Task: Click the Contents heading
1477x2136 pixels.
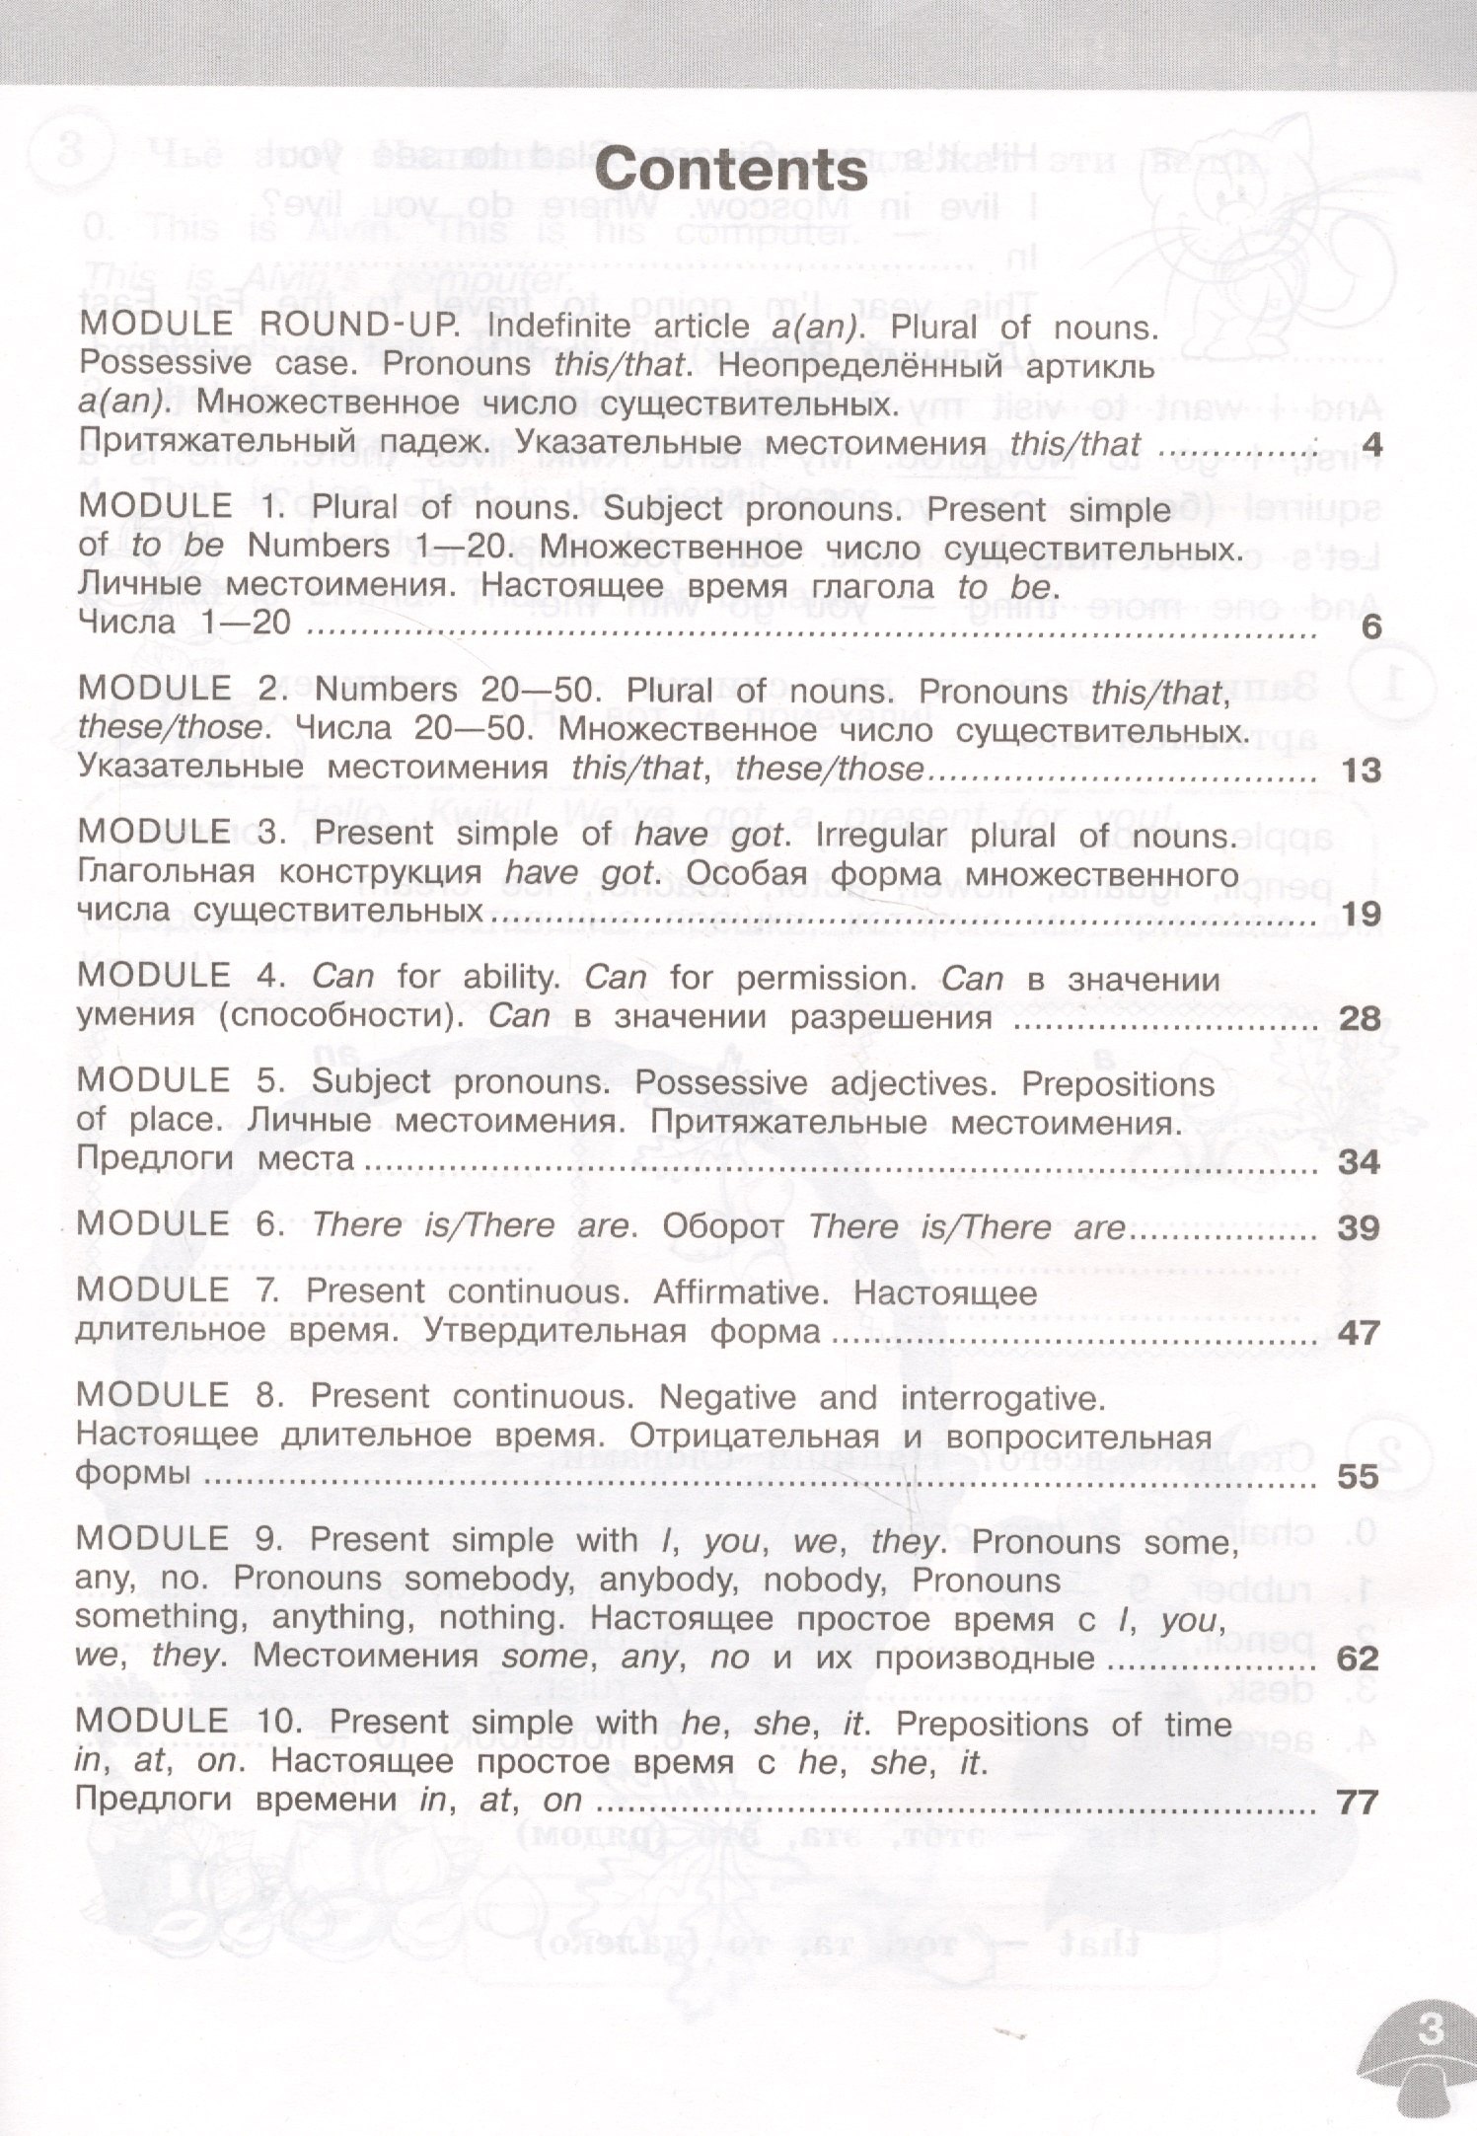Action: pos(732,172)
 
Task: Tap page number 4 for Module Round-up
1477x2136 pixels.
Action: pos(1371,446)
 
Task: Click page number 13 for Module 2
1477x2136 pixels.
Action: pos(1362,771)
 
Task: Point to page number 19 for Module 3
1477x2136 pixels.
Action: pos(1362,915)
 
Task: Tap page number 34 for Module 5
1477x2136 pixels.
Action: pos(1360,1162)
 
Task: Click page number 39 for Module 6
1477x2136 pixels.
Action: pos(1360,1228)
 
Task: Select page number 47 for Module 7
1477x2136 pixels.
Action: pos(1360,1334)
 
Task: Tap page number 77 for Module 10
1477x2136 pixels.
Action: pos(1357,1803)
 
